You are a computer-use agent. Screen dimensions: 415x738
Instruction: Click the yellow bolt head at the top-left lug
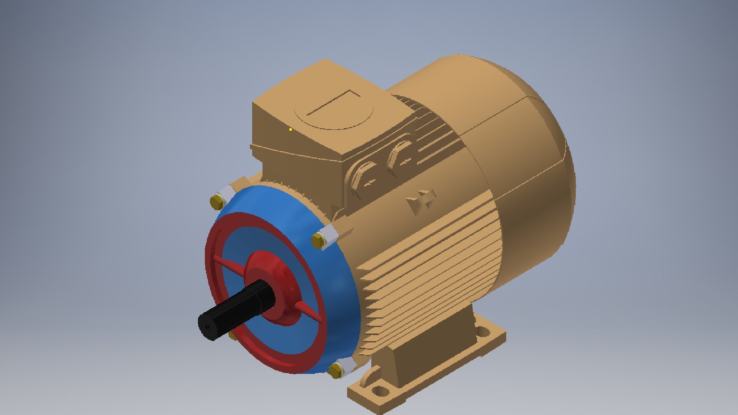217,201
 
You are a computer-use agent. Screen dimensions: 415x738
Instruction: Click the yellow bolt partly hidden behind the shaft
233,336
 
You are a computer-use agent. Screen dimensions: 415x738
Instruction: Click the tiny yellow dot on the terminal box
291,129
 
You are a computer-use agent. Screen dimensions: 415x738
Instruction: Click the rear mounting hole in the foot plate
483,330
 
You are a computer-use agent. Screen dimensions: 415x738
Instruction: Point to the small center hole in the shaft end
207,327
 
